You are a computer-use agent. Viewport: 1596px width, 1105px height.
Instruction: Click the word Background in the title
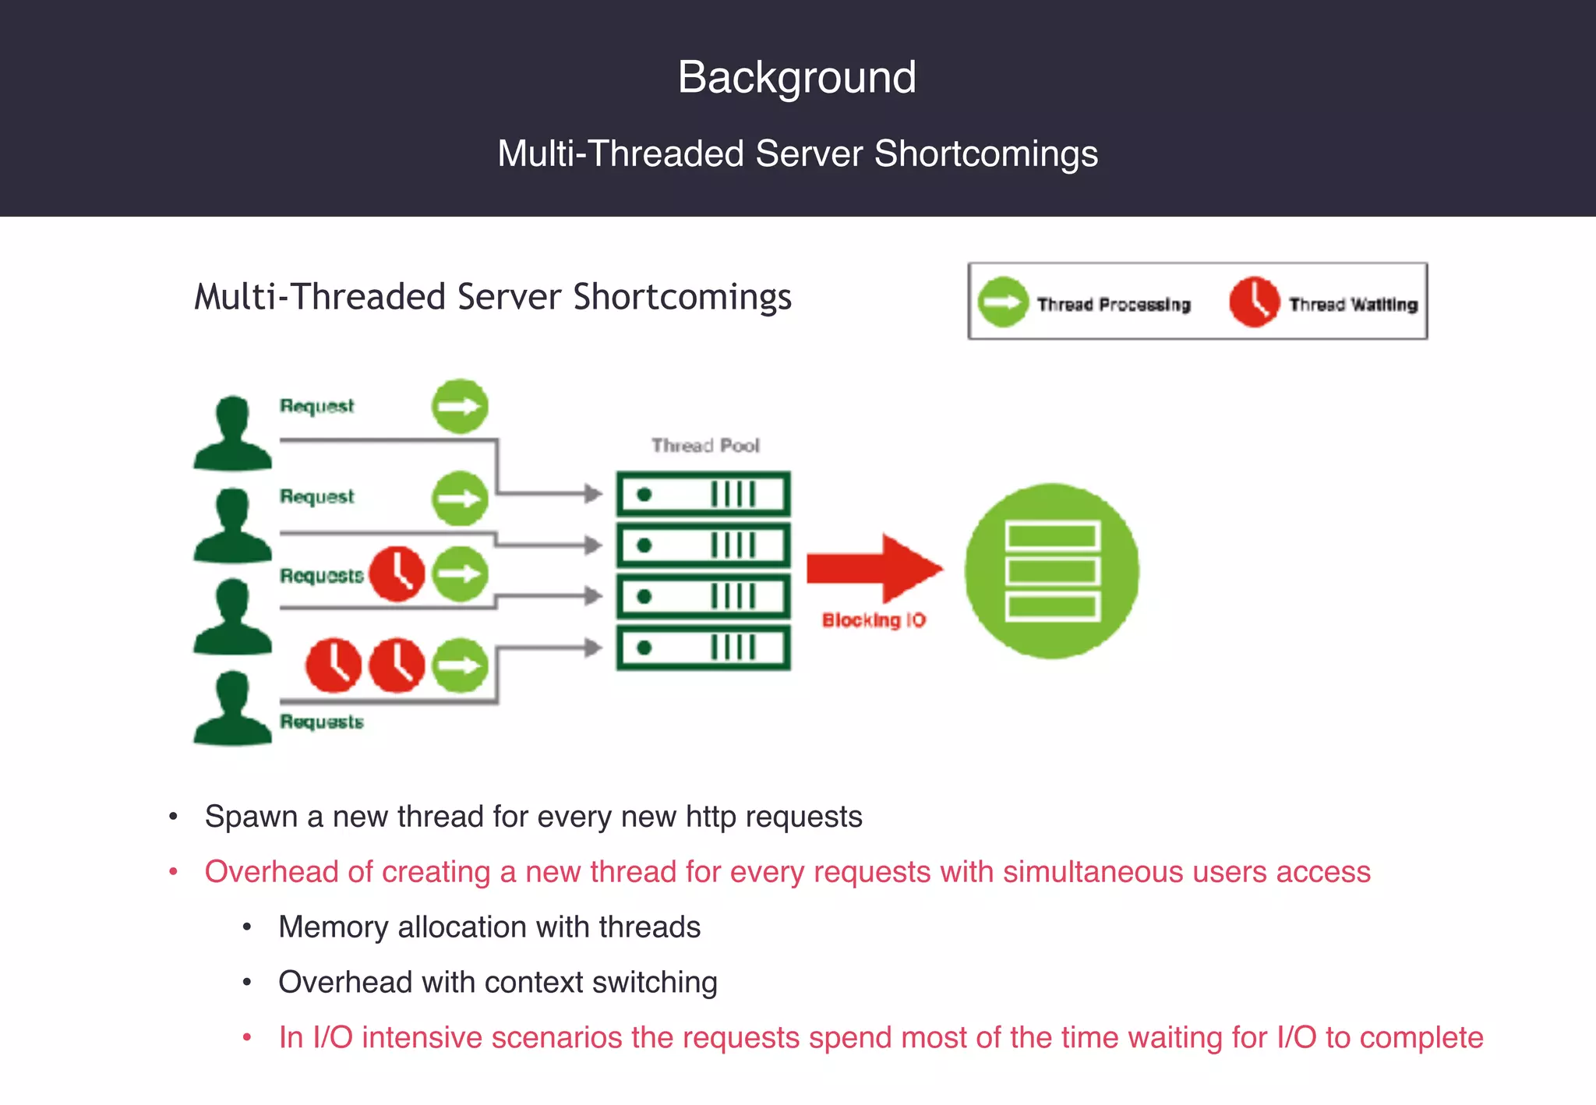796,77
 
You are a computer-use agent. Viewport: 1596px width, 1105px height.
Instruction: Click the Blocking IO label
874,620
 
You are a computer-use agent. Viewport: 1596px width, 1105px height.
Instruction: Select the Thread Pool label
705,446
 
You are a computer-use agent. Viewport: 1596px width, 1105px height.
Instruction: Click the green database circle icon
1051,570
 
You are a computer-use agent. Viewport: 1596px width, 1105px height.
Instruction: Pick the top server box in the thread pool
703,494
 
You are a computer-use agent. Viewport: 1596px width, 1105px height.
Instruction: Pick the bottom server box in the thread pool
703,648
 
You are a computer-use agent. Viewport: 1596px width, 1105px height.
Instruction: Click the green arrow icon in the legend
1003,302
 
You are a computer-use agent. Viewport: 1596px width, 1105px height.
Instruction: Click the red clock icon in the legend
1254,302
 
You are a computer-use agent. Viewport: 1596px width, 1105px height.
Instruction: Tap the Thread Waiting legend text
1353,305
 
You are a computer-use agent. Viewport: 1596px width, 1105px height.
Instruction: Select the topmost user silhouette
232,433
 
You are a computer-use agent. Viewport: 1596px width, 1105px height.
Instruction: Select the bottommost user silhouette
232,708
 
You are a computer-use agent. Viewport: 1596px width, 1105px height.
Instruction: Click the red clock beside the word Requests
397,574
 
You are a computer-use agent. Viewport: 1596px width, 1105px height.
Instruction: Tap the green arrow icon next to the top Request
460,406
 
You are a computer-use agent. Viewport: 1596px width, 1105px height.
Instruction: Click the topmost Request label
316,406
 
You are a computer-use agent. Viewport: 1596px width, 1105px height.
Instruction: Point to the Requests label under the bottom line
322,722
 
